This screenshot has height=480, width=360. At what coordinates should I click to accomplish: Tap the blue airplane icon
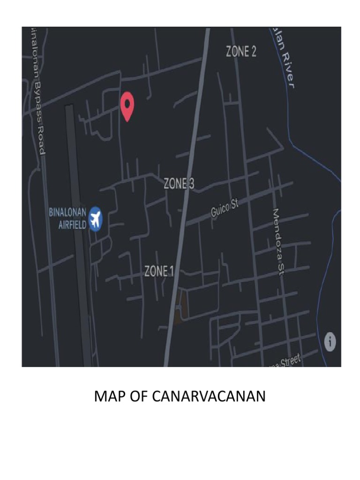[x=96, y=218]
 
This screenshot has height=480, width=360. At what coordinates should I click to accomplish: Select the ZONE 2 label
[x=241, y=52]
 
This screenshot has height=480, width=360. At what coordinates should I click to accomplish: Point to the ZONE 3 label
[x=179, y=184]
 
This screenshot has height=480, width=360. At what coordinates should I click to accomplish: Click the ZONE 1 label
[x=159, y=271]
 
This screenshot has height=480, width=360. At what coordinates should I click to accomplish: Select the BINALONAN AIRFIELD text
[x=68, y=218]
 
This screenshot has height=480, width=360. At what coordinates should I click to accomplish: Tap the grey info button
[x=331, y=341]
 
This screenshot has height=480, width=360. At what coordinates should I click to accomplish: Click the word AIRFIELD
[x=72, y=225]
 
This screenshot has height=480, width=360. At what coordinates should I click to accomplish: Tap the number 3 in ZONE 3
[x=191, y=184]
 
